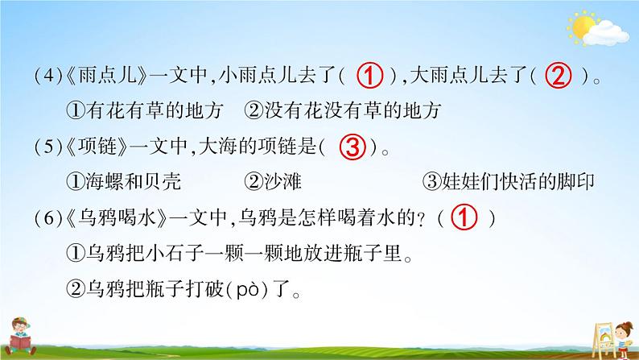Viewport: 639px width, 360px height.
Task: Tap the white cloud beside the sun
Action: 606,34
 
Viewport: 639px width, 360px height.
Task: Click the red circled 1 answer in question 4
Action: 370,76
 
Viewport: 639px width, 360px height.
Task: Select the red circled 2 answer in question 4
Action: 559,76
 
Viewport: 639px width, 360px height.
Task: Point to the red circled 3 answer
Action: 353,147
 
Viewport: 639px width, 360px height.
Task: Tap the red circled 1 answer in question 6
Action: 464,217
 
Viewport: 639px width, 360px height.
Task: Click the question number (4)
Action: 48,76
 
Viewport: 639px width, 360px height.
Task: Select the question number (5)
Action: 48,147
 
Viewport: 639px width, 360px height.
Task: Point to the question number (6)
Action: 48,218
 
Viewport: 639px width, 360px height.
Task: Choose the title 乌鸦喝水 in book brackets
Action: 116,218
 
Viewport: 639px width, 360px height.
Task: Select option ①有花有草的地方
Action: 145,111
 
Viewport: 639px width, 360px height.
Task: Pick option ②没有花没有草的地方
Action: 343,111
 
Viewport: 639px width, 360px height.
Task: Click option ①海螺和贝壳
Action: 123,182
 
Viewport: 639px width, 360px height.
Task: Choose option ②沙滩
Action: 273,182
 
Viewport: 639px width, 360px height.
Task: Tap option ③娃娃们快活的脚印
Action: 509,182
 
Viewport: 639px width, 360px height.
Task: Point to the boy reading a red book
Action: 20,336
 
